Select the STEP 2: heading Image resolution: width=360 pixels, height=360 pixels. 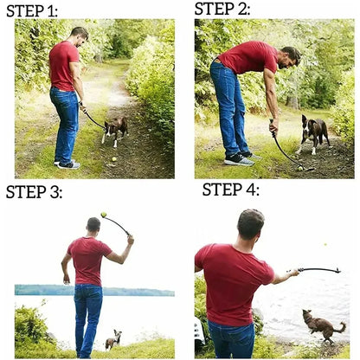click(x=222, y=9)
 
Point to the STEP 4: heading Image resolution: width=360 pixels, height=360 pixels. click(x=230, y=190)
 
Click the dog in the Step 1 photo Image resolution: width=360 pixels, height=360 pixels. click(x=114, y=129)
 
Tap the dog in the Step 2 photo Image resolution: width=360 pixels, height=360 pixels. click(x=313, y=132)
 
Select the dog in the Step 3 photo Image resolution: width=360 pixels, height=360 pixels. click(x=113, y=339)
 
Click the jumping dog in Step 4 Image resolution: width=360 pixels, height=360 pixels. click(x=323, y=326)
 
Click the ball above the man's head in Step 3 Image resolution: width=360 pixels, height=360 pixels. click(x=104, y=215)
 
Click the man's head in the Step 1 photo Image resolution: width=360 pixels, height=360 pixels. click(x=79, y=36)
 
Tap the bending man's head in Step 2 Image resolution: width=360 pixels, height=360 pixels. click(x=291, y=57)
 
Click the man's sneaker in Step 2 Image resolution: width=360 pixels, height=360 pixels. click(x=238, y=159)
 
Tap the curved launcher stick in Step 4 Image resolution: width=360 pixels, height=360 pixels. click(x=320, y=269)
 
